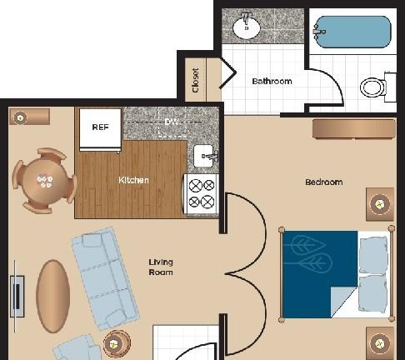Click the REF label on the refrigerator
(100, 127)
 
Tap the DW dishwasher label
(171, 122)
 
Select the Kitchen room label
(133, 180)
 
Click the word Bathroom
(272, 82)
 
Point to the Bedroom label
(324, 182)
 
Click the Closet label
(196, 80)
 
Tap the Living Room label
(161, 267)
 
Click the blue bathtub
(353, 32)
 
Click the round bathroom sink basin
(247, 28)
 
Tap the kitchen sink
(204, 156)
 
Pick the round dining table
(44, 181)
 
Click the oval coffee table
(52, 296)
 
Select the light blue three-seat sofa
(105, 278)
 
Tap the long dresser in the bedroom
(354, 128)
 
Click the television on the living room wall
(17, 297)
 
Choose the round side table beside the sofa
(117, 344)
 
